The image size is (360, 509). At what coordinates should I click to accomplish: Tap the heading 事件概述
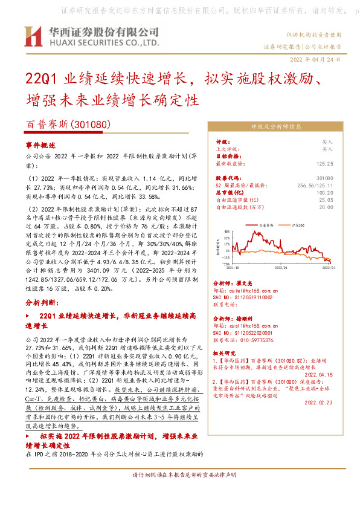[40, 146]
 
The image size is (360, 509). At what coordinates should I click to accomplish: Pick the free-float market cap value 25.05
[326, 199]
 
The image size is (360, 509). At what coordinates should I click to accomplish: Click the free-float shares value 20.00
[326, 207]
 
